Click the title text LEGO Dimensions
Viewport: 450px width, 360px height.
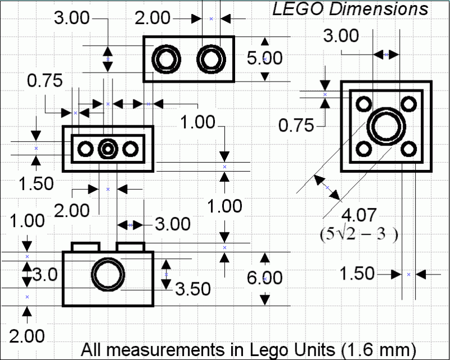tap(350, 9)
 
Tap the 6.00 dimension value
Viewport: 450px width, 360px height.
tap(265, 278)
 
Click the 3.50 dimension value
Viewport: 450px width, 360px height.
tap(193, 289)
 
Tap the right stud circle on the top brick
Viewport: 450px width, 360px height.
tap(210, 59)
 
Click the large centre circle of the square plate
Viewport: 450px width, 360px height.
tap(386, 126)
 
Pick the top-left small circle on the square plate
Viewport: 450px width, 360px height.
tap(363, 103)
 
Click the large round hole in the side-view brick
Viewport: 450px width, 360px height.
tap(107, 275)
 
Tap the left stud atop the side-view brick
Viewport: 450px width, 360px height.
tap(85, 246)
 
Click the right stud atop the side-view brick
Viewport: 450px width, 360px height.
tap(130, 246)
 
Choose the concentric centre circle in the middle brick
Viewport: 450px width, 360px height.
tap(107, 149)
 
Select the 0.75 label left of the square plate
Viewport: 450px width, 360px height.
tap(296, 125)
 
